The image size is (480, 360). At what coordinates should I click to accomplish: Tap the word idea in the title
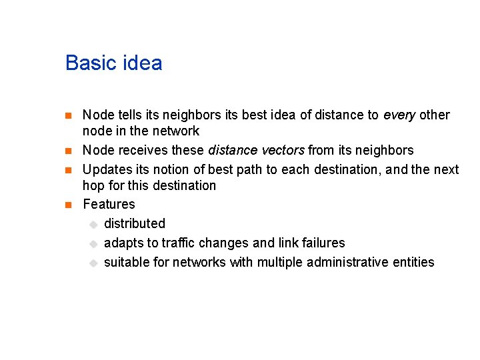point(140,63)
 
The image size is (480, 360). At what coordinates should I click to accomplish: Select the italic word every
point(399,115)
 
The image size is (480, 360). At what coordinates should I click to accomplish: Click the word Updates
point(105,169)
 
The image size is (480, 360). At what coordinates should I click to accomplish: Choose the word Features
point(109,204)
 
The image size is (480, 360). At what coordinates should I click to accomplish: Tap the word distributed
point(134,223)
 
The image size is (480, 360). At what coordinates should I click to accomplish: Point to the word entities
point(413,262)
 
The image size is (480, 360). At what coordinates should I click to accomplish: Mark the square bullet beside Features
point(69,205)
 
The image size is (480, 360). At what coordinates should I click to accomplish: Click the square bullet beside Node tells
point(69,116)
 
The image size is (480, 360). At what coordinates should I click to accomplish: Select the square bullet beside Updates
point(69,170)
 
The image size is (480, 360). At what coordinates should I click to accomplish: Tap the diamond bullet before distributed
point(93,224)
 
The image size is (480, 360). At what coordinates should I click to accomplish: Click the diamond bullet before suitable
point(93,263)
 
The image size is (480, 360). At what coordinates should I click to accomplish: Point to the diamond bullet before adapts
point(93,243)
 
